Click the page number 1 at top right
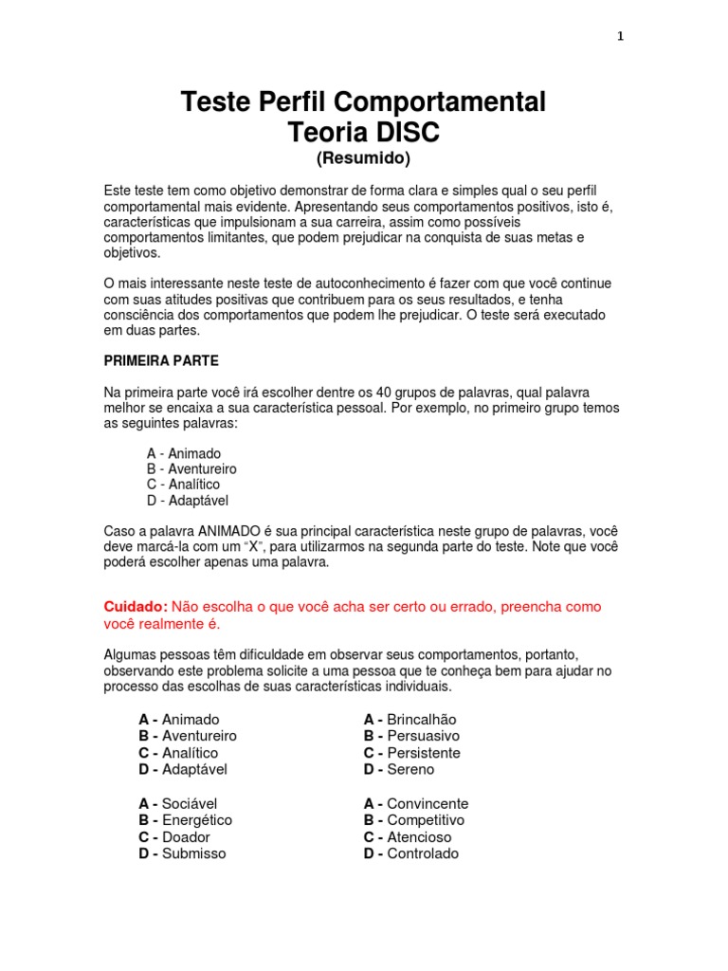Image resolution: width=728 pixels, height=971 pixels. pyautogui.click(x=620, y=37)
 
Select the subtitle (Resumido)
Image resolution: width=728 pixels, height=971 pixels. pyautogui.click(x=364, y=157)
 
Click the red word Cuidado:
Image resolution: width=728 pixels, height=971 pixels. pyautogui.click(x=136, y=606)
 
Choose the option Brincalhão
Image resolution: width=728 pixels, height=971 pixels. pyautogui.click(x=421, y=720)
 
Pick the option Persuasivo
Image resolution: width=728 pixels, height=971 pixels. pyautogui.click(x=423, y=736)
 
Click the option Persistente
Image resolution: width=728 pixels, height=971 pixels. pyautogui.click(x=423, y=753)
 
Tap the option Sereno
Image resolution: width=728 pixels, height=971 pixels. pyautogui.click(x=410, y=769)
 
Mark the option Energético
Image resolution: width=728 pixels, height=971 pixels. pyautogui.click(x=196, y=820)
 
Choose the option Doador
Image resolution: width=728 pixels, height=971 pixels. pyautogui.click(x=186, y=837)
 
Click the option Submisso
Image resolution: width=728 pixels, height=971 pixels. pyautogui.click(x=194, y=853)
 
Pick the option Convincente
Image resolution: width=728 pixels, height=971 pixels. pyautogui.click(x=428, y=803)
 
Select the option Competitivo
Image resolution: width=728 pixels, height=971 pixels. pyautogui.click(x=426, y=820)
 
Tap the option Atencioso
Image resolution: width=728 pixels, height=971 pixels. pyautogui.click(x=419, y=837)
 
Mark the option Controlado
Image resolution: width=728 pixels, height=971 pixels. pyautogui.click(x=423, y=853)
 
